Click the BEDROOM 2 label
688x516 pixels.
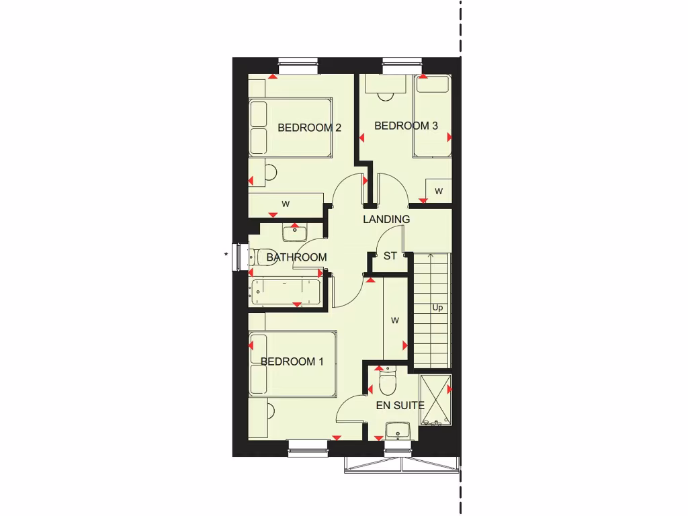[310, 128]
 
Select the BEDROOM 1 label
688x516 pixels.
[292, 361]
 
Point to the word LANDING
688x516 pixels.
[386, 219]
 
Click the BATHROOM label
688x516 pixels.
[296, 257]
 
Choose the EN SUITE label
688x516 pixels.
[400, 405]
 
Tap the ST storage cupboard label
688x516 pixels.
[390, 256]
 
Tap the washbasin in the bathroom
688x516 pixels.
[294, 232]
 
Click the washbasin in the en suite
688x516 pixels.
[398, 430]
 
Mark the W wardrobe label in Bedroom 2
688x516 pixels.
[286, 204]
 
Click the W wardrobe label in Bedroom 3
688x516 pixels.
[439, 191]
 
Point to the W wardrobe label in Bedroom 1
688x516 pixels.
[395, 320]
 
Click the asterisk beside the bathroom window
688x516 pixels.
[226, 254]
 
